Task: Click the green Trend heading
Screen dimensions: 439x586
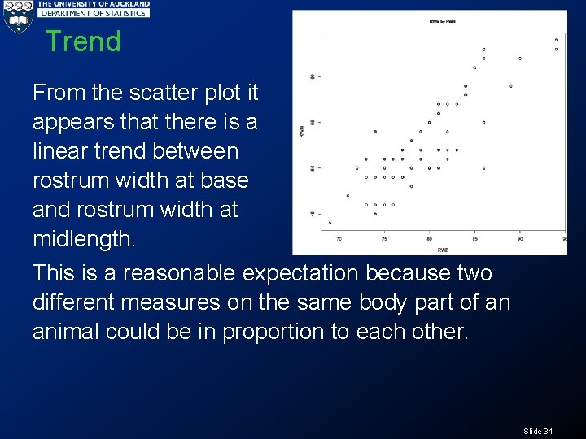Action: [x=82, y=41]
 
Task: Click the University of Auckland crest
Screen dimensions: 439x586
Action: [x=17, y=18]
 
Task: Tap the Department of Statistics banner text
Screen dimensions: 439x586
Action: [x=94, y=13]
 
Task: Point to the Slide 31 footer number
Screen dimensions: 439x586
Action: [x=538, y=431]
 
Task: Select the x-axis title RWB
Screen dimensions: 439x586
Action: [x=443, y=250]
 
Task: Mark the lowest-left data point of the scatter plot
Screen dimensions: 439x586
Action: [x=330, y=223]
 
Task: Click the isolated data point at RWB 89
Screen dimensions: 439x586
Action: [x=510, y=85]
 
